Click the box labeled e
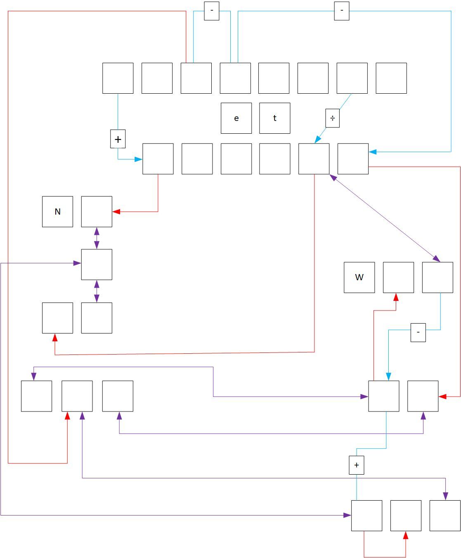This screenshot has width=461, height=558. click(x=236, y=118)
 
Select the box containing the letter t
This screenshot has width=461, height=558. click(x=274, y=118)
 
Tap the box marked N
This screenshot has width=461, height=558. click(x=57, y=212)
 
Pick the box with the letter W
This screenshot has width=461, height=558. click(x=359, y=277)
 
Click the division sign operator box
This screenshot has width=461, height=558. click(x=332, y=118)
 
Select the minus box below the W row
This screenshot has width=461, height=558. click(x=418, y=332)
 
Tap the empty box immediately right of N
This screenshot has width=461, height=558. click(x=97, y=212)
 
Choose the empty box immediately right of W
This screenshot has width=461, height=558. click(x=398, y=277)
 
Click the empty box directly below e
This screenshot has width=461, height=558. click(x=236, y=159)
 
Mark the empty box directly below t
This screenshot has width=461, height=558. click(x=274, y=159)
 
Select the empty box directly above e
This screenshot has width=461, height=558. click(x=235, y=78)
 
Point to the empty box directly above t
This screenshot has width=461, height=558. click(x=274, y=78)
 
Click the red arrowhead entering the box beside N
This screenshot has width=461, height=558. click(x=116, y=212)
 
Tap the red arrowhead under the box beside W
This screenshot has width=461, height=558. click(x=396, y=297)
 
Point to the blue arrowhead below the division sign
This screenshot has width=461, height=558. click(x=318, y=140)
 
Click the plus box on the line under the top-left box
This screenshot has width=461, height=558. click(x=118, y=139)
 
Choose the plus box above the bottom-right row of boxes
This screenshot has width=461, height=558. click(x=356, y=465)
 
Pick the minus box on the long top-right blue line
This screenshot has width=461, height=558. click(x=341, y=11)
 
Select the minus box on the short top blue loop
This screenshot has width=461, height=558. click(x=212, y=11)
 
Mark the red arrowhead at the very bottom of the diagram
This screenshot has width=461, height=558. click(x=406, y=535)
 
